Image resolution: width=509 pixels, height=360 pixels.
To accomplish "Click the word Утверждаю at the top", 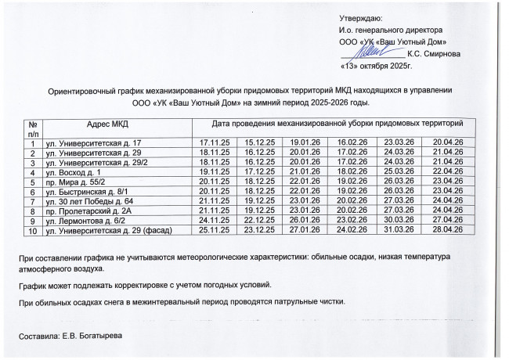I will point(360,16).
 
